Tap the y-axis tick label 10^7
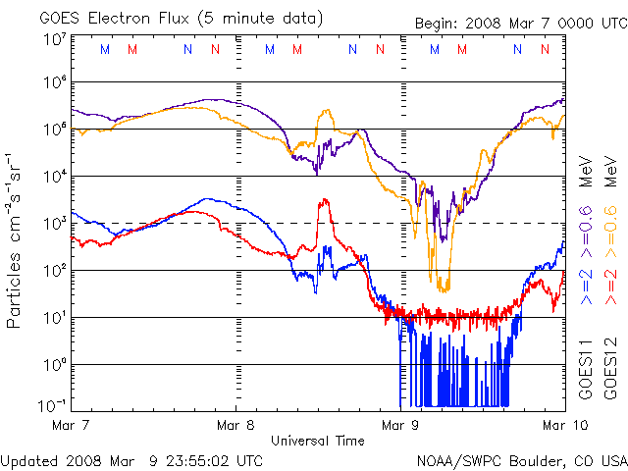click(55, 38)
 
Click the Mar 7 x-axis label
click(72, 425)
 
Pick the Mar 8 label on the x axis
click(235, 425)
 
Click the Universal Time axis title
click(317, 441)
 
